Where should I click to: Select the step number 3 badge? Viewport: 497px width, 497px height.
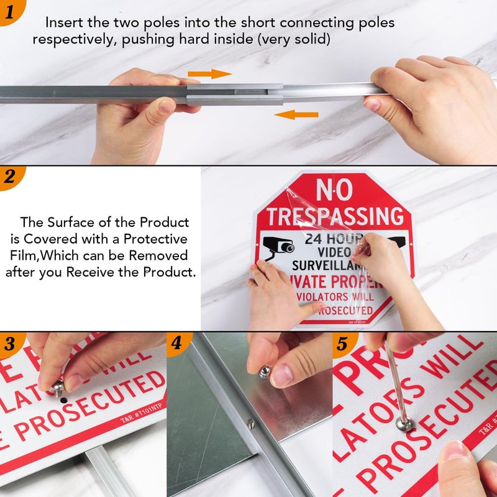(x=11, y=344)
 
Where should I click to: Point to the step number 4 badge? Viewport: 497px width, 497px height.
(x=177, y=344)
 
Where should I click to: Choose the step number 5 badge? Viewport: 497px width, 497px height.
(x=342, y=344)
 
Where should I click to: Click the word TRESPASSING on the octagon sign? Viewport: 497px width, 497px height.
(x=335, y=216)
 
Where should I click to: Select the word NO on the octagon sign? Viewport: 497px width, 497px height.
(x=335, y=190)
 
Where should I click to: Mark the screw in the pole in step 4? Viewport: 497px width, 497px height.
(x=250, y=424)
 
